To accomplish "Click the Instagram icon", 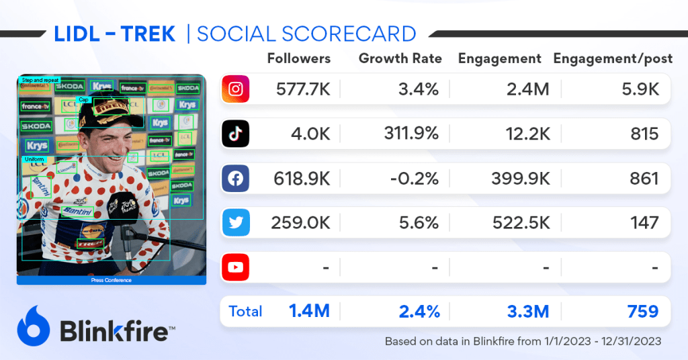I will (235, 89).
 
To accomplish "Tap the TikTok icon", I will (235, 134).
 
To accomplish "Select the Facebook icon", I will (235, 179).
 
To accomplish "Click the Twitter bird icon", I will (235, 223).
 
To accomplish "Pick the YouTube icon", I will (235, 267).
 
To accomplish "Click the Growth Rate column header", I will (400, 58).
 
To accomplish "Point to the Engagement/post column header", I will (613, 58).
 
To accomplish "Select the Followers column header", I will (299, 58).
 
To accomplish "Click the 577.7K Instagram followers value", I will (303, 89).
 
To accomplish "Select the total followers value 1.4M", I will (309, 312).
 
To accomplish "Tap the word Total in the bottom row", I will (245, 312).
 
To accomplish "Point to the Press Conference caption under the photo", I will (111, 280).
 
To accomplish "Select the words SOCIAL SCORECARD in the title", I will (306, 33).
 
